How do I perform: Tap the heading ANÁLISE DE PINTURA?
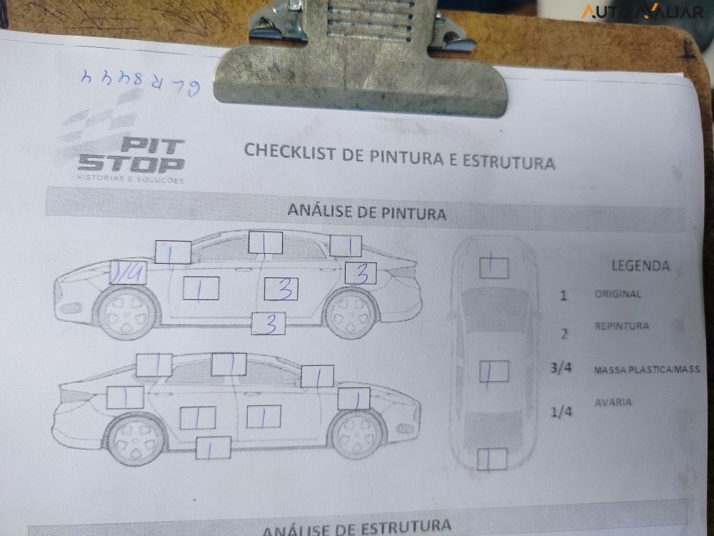(366, 212)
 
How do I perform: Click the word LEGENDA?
(640, 266)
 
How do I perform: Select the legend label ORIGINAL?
(618, 294)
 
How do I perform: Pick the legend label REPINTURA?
(622, 326)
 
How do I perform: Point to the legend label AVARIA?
(613, 402)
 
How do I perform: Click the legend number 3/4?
(562, 369)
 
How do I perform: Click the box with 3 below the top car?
(268, 324)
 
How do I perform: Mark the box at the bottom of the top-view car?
(492, 459)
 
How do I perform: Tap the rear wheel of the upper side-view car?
(351, 313)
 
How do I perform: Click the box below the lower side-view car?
(213, 447)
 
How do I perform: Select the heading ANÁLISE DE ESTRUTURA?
(357, 528)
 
